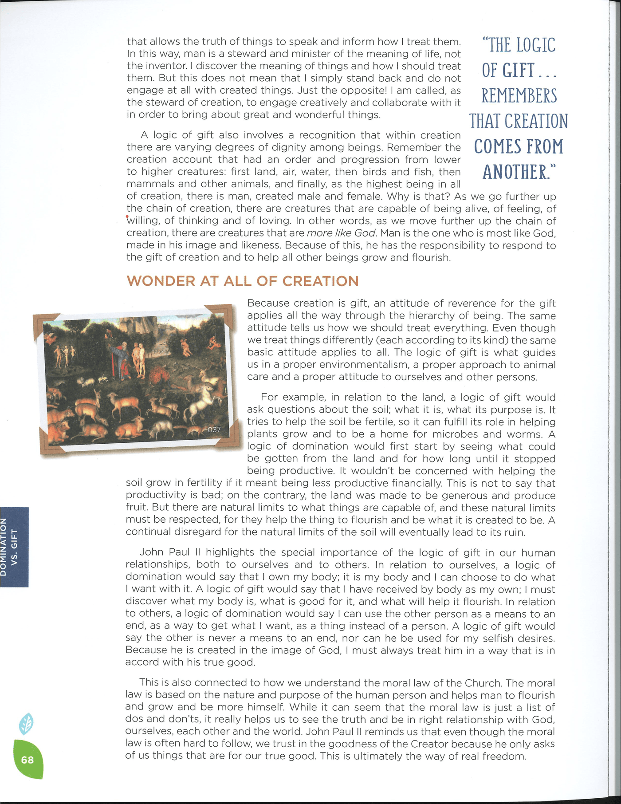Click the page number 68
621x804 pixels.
27,760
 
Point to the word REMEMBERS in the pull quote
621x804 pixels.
519,96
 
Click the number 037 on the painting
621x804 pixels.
214,430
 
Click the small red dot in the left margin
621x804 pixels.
128,217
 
